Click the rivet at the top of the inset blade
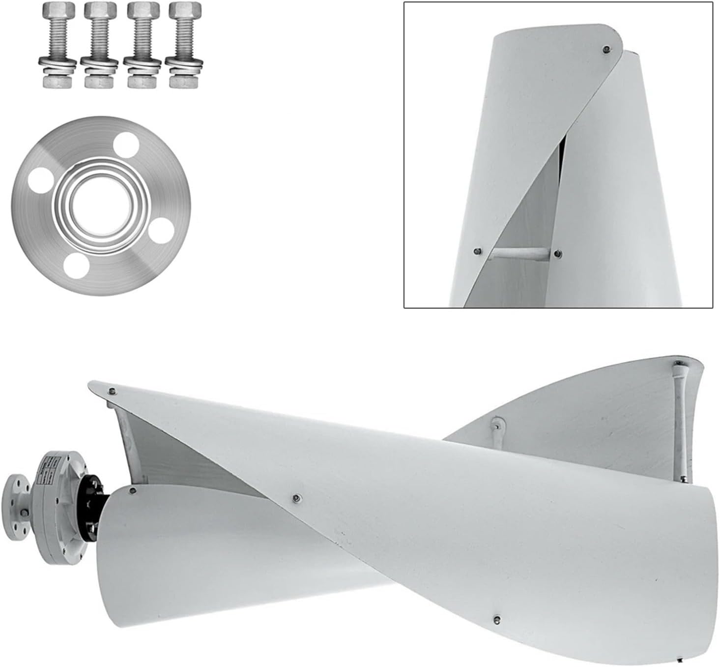[606, 49]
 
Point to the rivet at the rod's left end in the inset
[477, 251]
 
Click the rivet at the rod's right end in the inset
[557, 253]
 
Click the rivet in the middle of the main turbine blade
[295, 499]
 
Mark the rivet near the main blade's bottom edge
[497, 618]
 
